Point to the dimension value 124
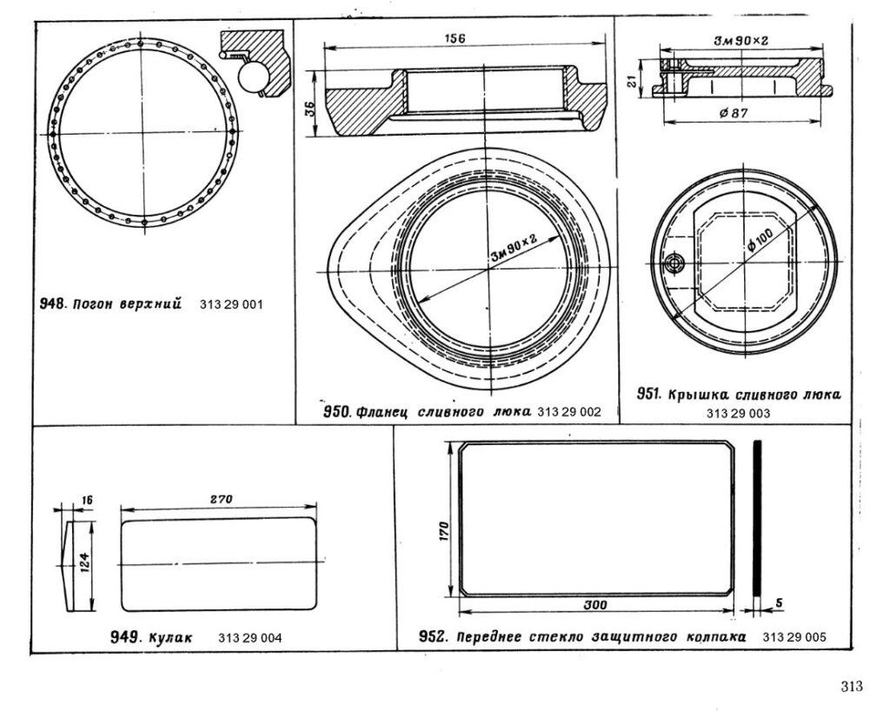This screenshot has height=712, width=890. pos(83,563)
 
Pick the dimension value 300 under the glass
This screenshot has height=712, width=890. pos(594,603)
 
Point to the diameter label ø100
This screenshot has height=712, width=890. pos(766,232)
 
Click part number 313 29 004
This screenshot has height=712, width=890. pos(250,637)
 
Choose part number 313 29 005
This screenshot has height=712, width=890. pos(794,636)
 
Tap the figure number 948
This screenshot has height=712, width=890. pos(54,304)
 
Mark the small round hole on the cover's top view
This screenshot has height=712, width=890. pos(671,263)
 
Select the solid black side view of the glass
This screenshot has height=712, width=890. pos(758,518)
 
